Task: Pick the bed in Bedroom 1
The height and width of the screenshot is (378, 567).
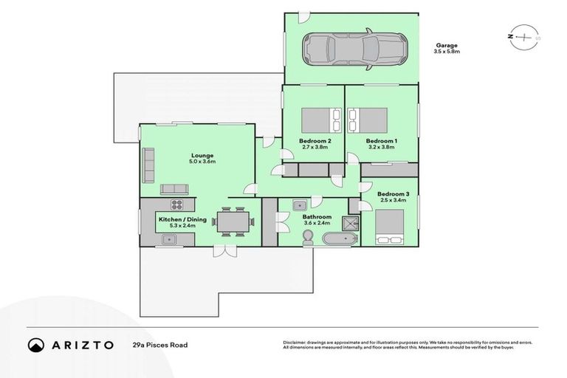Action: pyautogui.click(x=368, y=119)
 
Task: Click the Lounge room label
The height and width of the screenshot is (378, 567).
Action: pyautogui.click(x=202, y=155)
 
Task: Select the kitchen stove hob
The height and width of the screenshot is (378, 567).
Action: pyautogui.click(x=178, y=204)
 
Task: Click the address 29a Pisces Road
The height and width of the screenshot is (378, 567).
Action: pyautogui.click(x=160, y=345)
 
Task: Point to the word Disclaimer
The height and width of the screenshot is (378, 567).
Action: pyautogui.click(x=295, y=343)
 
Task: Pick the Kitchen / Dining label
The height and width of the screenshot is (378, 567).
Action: pyautogui.click(x=176, y=219)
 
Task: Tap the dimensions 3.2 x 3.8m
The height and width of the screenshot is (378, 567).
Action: pyautogui.click(x=381, y=147)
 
